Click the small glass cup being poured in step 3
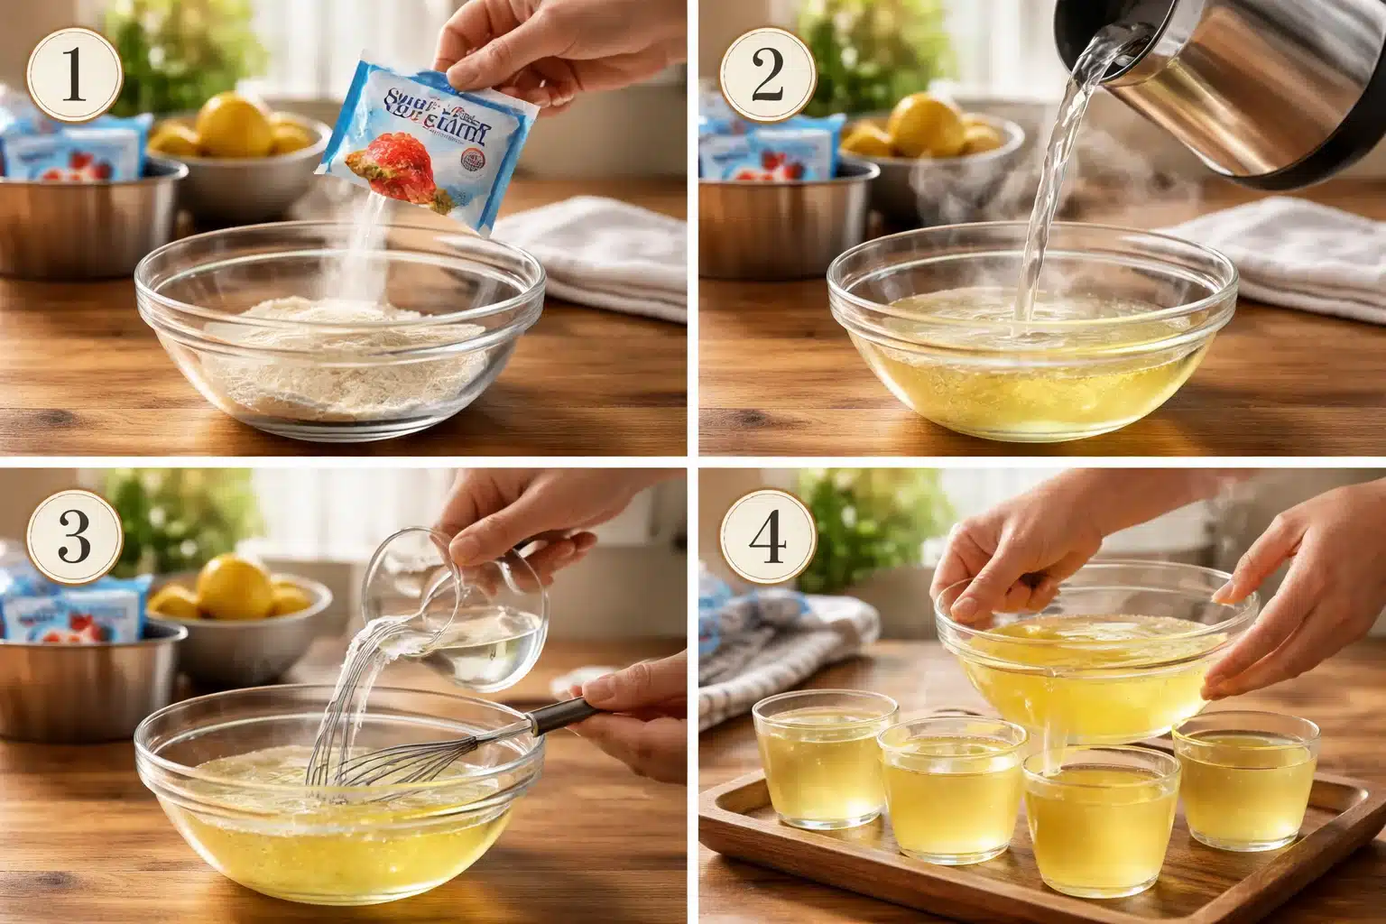(x=442, y=623)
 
